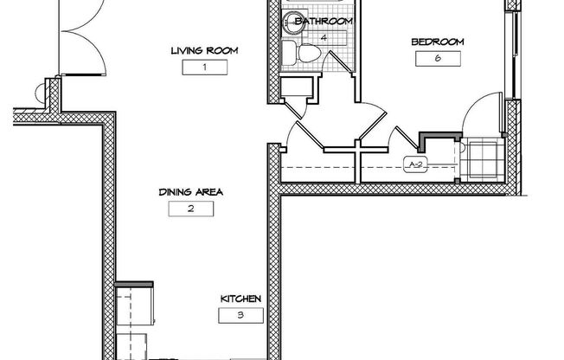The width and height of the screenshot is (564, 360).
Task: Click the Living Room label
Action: coord(204,50)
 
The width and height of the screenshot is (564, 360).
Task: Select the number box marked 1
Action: coord(205,67)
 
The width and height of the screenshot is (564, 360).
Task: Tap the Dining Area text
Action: coord(190,192)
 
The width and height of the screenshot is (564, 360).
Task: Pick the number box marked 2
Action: coord(191,209)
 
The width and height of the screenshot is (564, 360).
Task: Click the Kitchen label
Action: coord(240,299)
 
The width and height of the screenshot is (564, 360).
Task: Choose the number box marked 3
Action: coord(240,315)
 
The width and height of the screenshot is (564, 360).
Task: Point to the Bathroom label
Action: coord(324,21)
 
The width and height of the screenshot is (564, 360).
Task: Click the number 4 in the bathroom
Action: coord(324,37)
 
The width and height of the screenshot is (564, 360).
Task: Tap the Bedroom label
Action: coord(438,42)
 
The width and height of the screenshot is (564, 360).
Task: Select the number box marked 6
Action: coord(438,59)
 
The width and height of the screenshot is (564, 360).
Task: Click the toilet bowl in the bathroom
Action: coord(310,54)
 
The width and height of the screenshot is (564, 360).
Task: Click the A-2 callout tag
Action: coord(415,164)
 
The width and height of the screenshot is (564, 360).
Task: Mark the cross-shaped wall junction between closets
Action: coord(357,148)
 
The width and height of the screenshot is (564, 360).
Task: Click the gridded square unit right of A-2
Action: coord(483,161)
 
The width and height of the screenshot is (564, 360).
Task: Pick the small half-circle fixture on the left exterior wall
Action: coord(40,93)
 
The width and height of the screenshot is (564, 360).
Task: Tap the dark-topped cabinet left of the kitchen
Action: coord(134,303)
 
